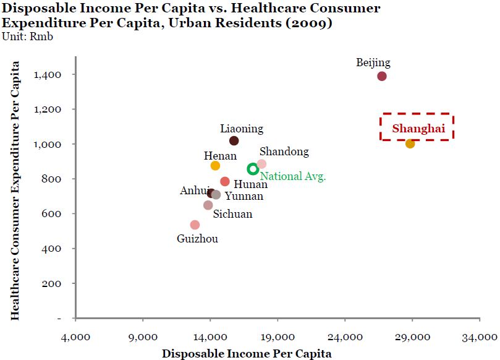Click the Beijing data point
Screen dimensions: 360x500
[x=382, y=76]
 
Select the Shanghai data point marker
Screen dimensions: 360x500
[x=410, y=144]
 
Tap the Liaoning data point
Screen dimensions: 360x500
[x=234, y=141]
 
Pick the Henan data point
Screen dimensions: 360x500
[x=215, y=166]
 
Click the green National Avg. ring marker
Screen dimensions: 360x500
[x=253, y=169]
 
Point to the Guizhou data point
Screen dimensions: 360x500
[x=195, y=225]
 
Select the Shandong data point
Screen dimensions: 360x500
[x=261, y=164]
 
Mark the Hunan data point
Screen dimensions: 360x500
[x=225, y=182]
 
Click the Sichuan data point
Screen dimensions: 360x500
[x=208, y=205]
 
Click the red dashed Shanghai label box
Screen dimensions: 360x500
[x=417, y=127]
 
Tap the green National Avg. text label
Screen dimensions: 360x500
[x=292, y=176]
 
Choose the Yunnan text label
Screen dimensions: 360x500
[x=244, y=197]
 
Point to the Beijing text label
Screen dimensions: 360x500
[x=373, y=62]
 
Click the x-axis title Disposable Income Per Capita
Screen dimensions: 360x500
[x=247, y=354]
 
